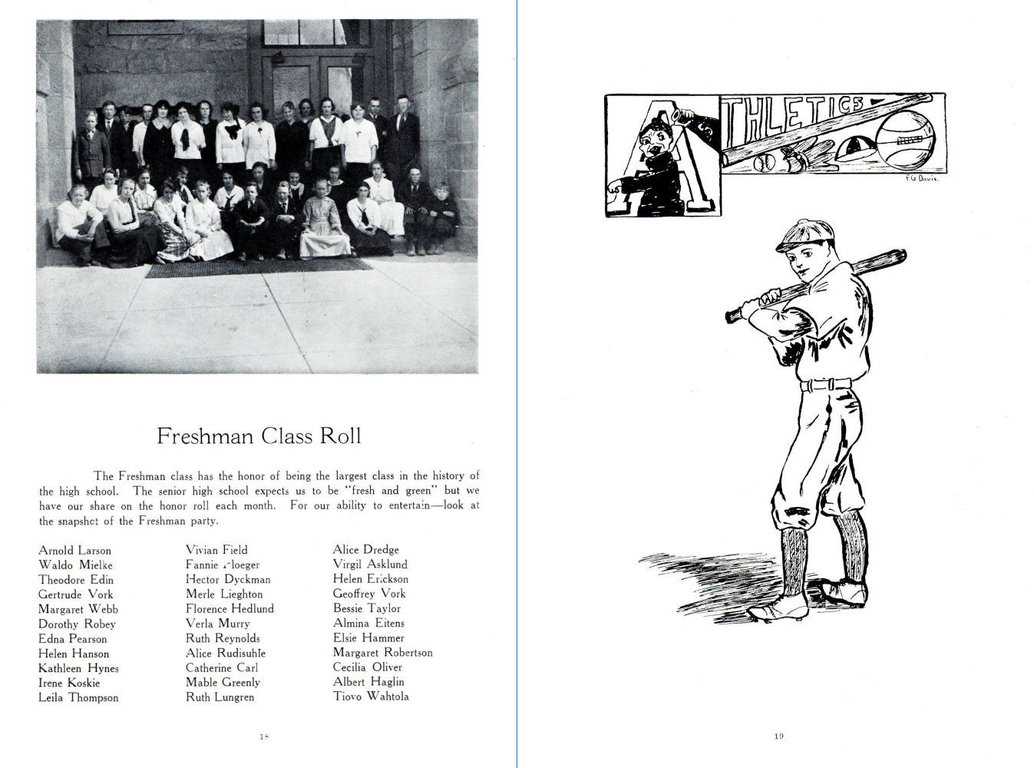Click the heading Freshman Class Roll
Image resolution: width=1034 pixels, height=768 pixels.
(x=259, y=436)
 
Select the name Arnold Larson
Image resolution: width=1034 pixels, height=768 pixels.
(x=74, y=551)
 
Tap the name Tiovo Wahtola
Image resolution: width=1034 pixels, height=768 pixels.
(x=371, y=697)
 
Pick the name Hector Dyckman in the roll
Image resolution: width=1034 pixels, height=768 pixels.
(x=228, y=579)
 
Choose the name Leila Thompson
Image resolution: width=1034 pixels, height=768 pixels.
(x=78, y=697)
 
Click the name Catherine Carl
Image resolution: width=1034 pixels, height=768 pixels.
(x=222, y=667)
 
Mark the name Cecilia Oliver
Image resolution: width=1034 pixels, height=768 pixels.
(x=368, y=667)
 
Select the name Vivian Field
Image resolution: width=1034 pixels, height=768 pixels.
(x=216, y=550)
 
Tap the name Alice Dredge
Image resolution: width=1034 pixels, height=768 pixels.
(x=366, y=550)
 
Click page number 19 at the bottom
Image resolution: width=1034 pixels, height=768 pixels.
(x=778, y=737)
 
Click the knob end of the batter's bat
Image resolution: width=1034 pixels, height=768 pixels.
(x=732, y=315)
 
